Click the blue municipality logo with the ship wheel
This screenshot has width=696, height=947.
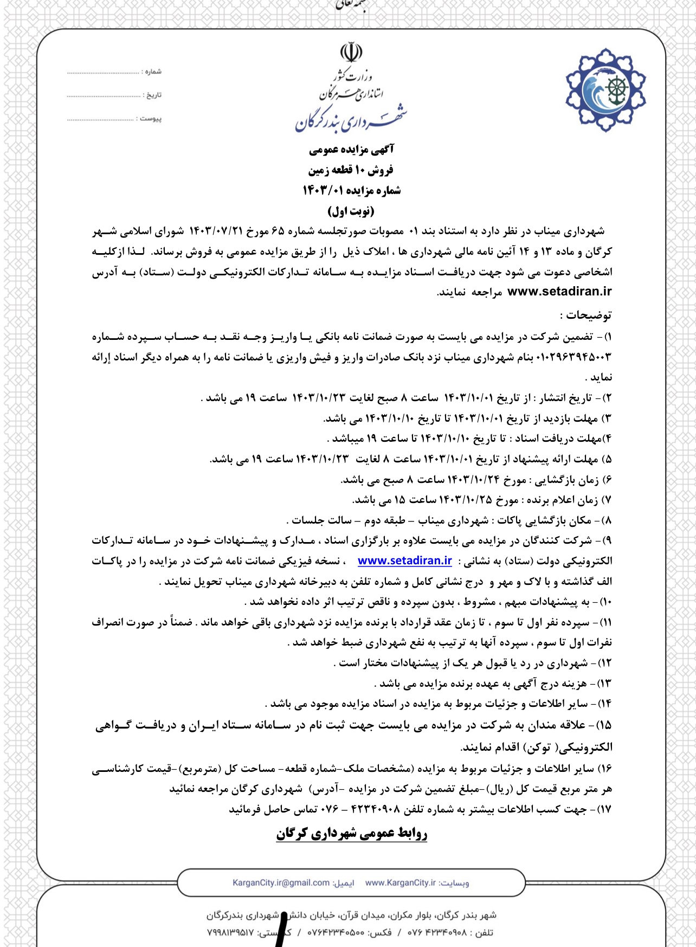[x=605, y=90]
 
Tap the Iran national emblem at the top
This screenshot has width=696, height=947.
[x=351, y=53]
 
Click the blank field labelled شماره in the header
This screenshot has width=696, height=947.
[x=103, y=72]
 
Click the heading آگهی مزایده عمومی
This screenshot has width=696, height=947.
[x=351, y=149]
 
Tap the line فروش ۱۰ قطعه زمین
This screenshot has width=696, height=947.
[x=351, y=170]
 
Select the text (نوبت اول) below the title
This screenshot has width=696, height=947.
[x=351, y=211]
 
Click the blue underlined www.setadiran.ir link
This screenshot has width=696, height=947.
[x=404, y=561]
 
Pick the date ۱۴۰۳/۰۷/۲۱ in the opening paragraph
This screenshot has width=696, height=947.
[x=215, y=231]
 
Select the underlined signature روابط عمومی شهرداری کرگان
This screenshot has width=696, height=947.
[x=351, y=833]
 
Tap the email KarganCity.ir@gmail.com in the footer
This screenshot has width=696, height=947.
[x=281, y=883]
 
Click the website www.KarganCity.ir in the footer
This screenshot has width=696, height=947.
[x=400, y=883]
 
